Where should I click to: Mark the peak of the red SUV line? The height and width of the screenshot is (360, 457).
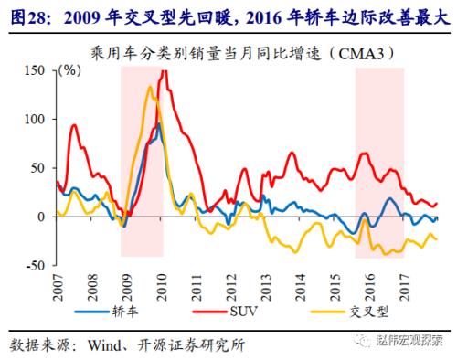pos(165,71)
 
